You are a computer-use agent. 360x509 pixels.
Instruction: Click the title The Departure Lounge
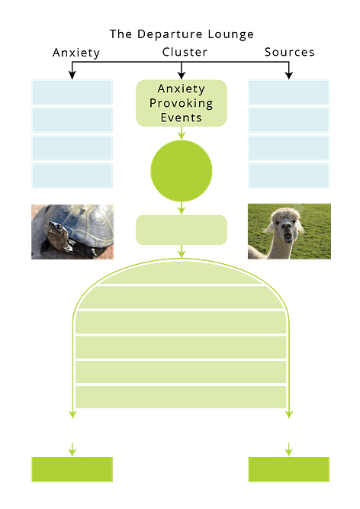coord(182,34)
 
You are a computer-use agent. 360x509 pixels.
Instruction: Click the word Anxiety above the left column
coord(76,53)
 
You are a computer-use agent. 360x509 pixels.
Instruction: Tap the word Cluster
coord(185,52)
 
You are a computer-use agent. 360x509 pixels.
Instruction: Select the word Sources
coord(289,52)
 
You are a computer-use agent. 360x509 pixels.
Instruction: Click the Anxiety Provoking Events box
coord(182,103)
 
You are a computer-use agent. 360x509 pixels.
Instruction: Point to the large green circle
coord(182,171)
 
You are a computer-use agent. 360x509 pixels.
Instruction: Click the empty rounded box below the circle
coord(182,230)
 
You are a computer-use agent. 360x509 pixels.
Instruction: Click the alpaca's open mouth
coord(288,237)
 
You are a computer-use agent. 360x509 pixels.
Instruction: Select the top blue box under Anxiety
coord(72,92)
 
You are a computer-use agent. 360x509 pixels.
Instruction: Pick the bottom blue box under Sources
coord(288,176)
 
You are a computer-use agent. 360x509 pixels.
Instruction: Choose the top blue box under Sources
coord(288,92)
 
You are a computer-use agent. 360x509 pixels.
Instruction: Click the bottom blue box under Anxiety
coord(72,176)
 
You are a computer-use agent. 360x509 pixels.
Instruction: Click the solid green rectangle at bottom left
coord(72,469)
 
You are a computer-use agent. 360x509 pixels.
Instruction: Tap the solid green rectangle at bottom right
coord(288,469)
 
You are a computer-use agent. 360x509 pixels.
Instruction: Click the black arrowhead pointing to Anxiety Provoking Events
coord(182,76)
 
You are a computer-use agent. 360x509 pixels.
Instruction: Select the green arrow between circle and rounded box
coord(182,208)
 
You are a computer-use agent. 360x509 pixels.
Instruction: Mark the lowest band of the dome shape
coord(181,397)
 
